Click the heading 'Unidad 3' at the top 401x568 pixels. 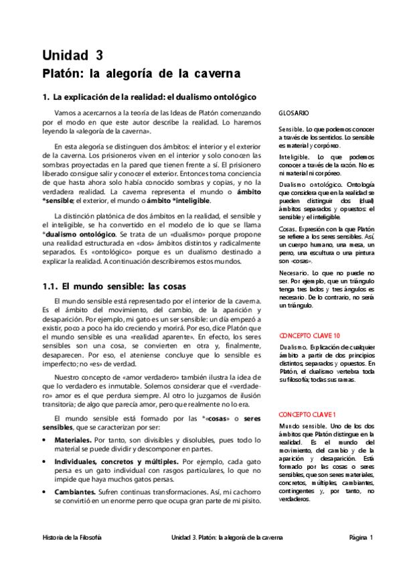[74, 55]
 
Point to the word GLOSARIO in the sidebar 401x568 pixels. [294, 114]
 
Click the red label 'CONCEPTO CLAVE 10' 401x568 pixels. [309, 335]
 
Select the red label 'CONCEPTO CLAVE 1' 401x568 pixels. [307, 415]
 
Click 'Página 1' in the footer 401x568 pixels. [361, 537]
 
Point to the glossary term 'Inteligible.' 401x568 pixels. [295, 156]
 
